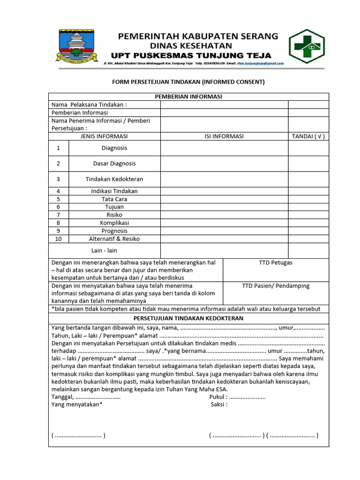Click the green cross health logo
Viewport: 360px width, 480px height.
point(306,46)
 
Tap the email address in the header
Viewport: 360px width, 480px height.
point(260,63)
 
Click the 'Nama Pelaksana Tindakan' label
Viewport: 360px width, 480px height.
point(89,105)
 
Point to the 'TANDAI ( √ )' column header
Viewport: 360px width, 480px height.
point(308,136)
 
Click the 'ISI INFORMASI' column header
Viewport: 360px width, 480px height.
point(224,136)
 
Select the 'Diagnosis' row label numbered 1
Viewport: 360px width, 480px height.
point(114,148)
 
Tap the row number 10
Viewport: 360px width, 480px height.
point(59,239)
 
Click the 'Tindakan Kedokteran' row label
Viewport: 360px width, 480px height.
point(114,179)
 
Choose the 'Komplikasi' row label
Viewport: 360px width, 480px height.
point(114,223)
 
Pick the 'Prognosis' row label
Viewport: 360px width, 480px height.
point(114,231)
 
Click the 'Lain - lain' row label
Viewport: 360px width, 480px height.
point(104,251)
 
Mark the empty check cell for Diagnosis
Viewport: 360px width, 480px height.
point(308,148)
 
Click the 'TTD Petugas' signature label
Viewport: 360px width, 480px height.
point(276,262)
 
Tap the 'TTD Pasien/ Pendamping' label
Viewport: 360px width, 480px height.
point(276,285)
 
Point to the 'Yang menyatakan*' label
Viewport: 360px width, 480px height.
point(77,404)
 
